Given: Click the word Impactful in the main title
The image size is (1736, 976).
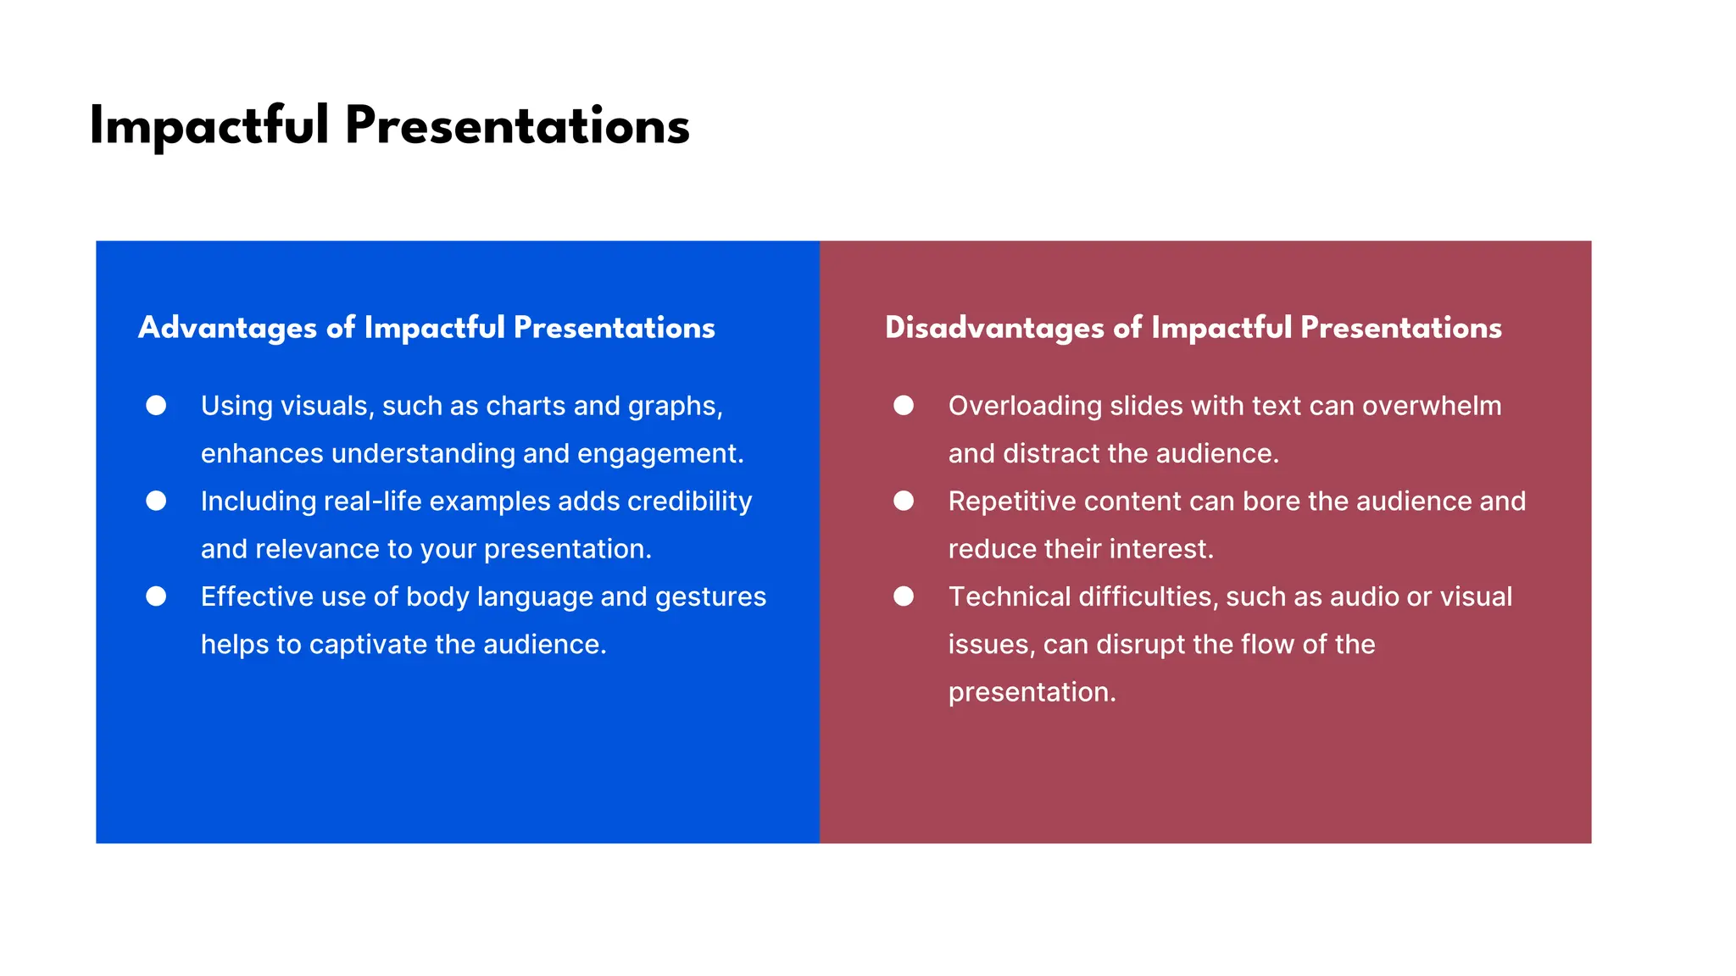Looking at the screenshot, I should [209, 127].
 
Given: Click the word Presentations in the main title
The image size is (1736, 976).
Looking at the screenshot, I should [517, 127].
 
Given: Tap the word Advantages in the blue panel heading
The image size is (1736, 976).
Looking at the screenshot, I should [227, 328].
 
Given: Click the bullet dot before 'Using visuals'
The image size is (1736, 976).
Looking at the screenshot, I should [156, 406].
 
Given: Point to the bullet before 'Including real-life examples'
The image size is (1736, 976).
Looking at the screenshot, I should [156, 501].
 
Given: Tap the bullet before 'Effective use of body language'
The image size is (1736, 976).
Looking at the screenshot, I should [156, 596].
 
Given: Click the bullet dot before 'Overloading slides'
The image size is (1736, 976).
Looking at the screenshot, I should [904, 406].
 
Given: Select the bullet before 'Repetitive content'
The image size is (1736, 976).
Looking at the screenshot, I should [904, 501].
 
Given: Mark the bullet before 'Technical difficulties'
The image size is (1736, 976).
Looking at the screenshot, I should [904, 596].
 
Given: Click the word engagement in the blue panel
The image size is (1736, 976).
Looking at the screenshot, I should [660, 454].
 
